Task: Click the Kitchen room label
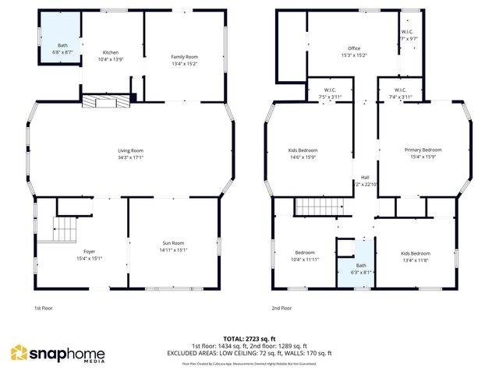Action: [111, 52]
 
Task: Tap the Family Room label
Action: [185, 57]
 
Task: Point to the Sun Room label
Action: [173, 244]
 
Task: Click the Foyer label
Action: [90, 252]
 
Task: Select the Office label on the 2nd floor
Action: [355, 48]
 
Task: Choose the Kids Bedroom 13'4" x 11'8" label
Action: [415, 253]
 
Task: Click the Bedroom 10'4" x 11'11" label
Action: [305, 253]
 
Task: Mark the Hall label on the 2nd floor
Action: [364, 177]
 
